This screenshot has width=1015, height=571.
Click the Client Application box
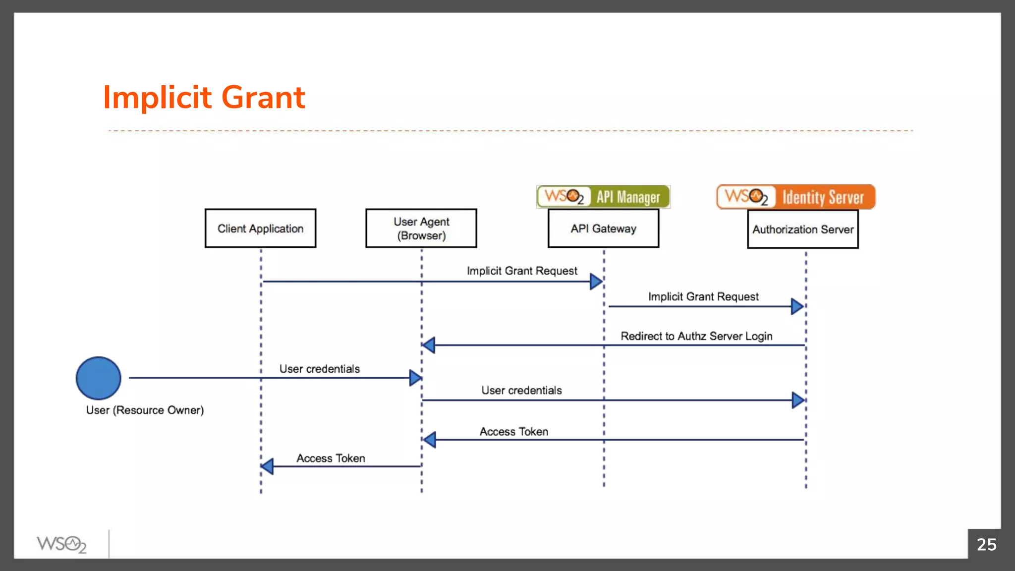pos(260,228)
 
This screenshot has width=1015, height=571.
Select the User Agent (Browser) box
pos(421,228)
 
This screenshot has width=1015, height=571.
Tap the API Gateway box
pos(603,228)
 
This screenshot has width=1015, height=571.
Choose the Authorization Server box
pos(803,229)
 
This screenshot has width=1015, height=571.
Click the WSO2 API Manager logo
pos(603,197)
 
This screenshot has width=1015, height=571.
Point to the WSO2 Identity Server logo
pos(796,197)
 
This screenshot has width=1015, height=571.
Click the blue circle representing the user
pos(98,378)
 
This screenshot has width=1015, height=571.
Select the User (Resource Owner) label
pos(145,410)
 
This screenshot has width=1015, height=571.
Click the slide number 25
pos(986,544)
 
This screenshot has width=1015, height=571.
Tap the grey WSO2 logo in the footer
pos(61,544)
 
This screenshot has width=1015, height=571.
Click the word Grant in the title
pos(263,97)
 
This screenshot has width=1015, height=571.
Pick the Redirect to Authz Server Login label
pos(696,336)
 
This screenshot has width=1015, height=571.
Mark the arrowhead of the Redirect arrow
pos(429,345)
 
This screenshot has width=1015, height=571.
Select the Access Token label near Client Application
pos(331,458)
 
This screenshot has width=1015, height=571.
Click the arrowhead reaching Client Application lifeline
pos(268,466)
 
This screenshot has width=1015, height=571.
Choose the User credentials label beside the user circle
pos(319,369)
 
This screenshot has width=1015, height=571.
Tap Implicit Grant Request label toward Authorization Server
pos(703,296)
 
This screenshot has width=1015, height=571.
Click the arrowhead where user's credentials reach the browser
pos(415,378)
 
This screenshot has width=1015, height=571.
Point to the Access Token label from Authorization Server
pos(513,432)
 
